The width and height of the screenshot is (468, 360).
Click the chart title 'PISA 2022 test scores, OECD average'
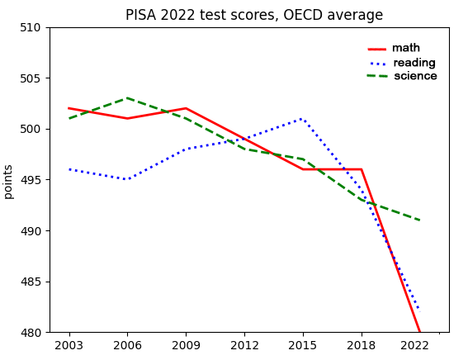coord(254,15)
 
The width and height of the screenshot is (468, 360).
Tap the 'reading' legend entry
coord(403,63)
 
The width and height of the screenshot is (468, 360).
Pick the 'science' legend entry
coord(402,76)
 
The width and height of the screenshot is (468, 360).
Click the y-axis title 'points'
coord(8,182)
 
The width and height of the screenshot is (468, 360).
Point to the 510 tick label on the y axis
coord(31,27)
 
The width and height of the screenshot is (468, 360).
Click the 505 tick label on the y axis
coord(31,78)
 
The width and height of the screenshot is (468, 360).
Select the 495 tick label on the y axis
coord(31,180)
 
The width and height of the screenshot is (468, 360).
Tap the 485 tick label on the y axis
coord(31,282)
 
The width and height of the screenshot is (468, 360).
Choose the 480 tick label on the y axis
coord(31,333)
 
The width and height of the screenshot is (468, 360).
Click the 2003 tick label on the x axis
coord(69,345)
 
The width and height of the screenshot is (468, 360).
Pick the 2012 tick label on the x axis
coord(244,345)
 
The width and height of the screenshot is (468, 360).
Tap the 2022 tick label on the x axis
coord(414,345)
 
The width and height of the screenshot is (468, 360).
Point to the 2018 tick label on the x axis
coord(362,345)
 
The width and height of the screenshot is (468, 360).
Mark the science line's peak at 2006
coord(127,98)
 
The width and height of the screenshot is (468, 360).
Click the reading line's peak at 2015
coord(302,119)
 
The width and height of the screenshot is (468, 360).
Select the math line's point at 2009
coord(186,108)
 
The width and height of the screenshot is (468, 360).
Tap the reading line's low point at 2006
coord(127,179)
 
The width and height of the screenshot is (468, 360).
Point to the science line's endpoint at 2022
coord(420,220)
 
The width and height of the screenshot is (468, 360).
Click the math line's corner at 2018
coord(362,169)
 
